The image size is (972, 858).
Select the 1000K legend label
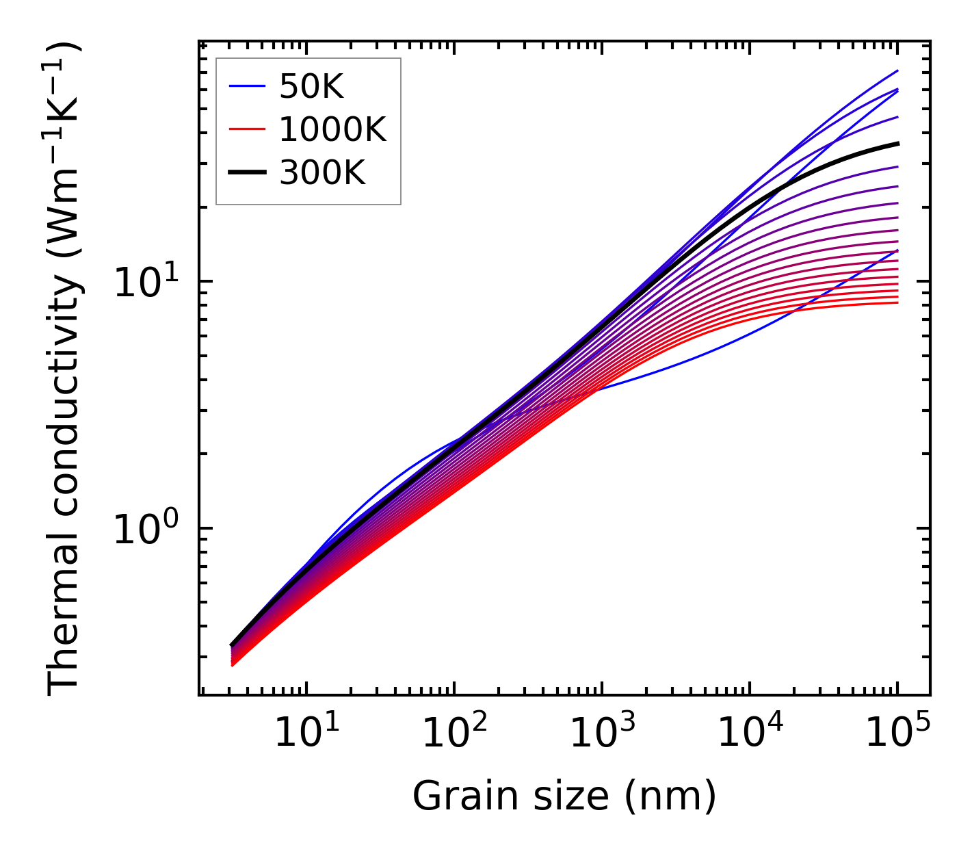pos(332,129)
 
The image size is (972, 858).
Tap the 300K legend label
pos(322,173)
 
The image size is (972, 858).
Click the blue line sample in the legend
pos(246,86)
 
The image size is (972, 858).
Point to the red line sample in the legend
pos(246,129)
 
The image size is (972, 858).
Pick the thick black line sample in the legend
pos(246,173)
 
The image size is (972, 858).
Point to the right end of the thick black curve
pos(897,143)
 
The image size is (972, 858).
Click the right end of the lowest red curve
pos(897,302)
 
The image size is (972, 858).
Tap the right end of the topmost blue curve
pos(897,70)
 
